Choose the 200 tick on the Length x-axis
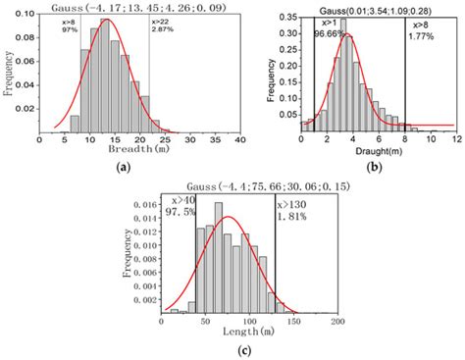tap(336, 321)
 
